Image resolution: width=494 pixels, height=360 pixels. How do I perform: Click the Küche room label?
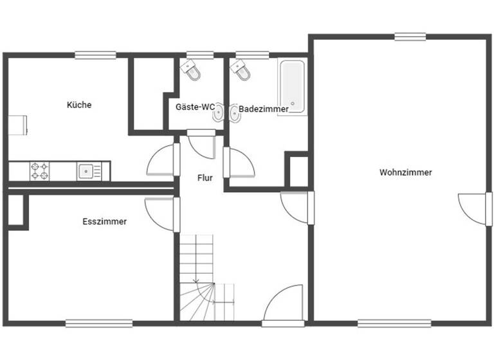pyautogui.click(x=79, y=105)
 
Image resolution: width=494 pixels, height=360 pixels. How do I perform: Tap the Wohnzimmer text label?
pyautogui.click(x=405, y=172)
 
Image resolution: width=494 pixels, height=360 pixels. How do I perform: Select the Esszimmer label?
pyautogui.click(x=104, y=222)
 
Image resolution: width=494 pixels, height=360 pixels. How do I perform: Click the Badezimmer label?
pyautogui.click(x=264, y=109)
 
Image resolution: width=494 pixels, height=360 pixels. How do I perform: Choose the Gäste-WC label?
pyautogui.click(x=195, y=107)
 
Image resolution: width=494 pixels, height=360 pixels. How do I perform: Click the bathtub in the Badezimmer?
pyautogui.click(x=292, y=86)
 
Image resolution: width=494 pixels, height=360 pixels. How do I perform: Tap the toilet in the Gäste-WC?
pyautogui.click(x=191, y=70)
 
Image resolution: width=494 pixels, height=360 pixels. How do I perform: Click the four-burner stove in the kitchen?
pyautogui.click(x=39, y=171)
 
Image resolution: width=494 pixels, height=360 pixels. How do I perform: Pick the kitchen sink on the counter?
pyautogui.click(x=86, y=171)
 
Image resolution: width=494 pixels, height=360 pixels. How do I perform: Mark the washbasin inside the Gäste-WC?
pyautogui.click(x=219, y=113)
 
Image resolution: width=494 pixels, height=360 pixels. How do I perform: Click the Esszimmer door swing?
pyautogui.click(x=161, y=213)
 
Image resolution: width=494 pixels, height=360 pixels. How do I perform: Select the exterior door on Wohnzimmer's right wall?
pyautogui.click(x=475, y=209)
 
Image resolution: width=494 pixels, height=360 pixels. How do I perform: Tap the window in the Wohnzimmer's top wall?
pyautogui.click(x=410, y=37)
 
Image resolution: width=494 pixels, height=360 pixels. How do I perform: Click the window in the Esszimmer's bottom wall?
pyautogui.click(x=98, y=323)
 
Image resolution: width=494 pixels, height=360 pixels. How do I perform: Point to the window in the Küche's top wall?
pyautogui.click(x=95, y=55)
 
